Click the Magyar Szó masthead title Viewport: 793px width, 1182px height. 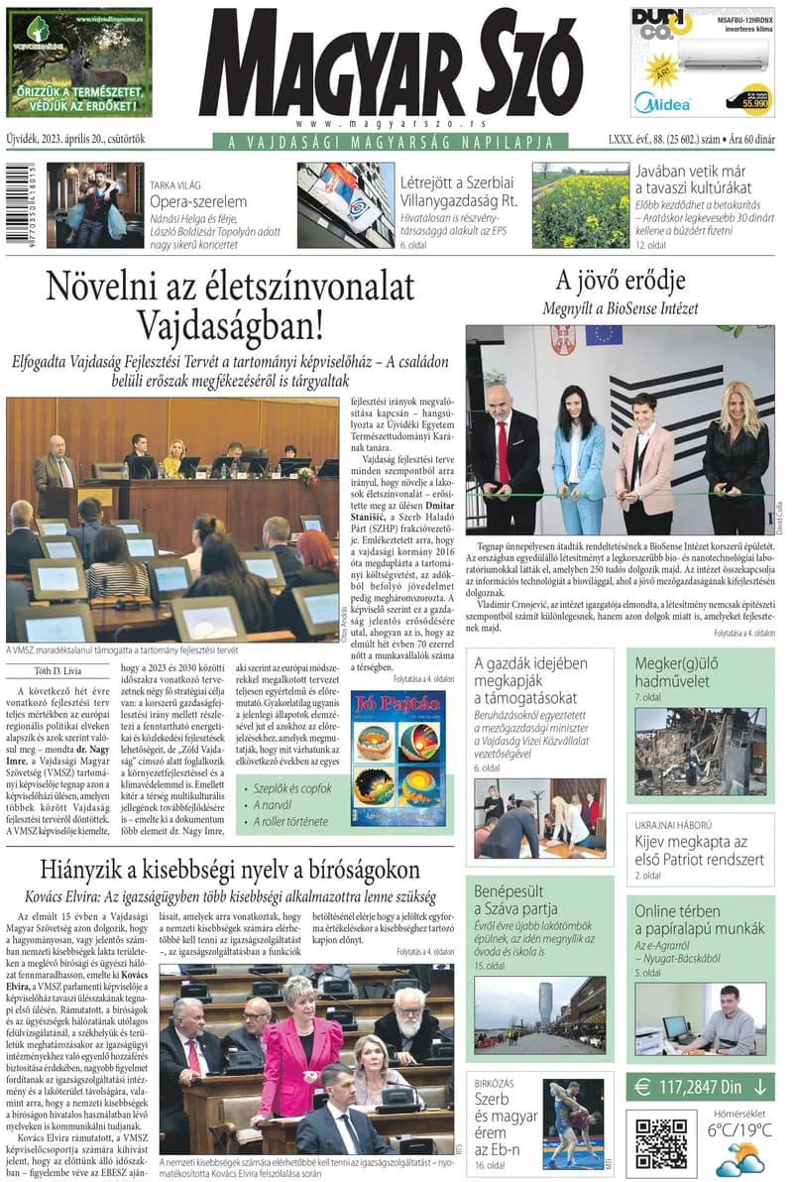(x=391, y=63)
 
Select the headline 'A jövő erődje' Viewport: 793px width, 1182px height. (x=620, y=281)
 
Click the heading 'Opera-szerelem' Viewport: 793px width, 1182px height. (x=198, y=201)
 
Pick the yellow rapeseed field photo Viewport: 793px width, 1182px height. (x=580, y=205)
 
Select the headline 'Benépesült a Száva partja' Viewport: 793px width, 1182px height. (x=515, y=899)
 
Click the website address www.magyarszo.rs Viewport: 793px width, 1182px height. (x=392, y=124)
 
